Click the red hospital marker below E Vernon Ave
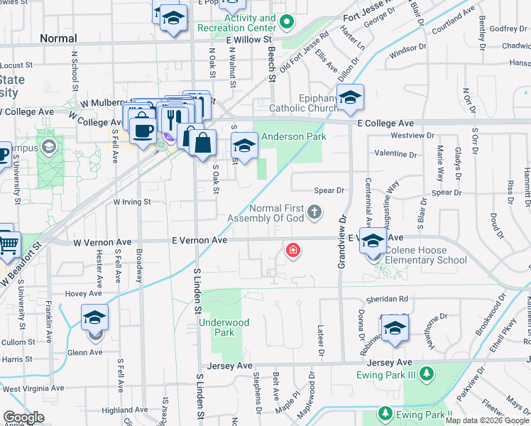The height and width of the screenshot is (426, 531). [292, 251]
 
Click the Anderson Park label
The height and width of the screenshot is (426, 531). [293, 136]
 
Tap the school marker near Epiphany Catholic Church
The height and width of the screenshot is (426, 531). [349, 99]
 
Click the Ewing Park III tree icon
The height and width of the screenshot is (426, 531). [425, 373]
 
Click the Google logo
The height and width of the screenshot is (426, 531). [23, 417]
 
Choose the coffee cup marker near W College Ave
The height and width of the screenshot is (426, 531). [143, 129]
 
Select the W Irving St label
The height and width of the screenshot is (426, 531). [133, 202]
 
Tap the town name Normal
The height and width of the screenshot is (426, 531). [58, 38]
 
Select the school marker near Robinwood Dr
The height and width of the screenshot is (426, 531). [395, 329]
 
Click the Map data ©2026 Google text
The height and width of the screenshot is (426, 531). [487, 420]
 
